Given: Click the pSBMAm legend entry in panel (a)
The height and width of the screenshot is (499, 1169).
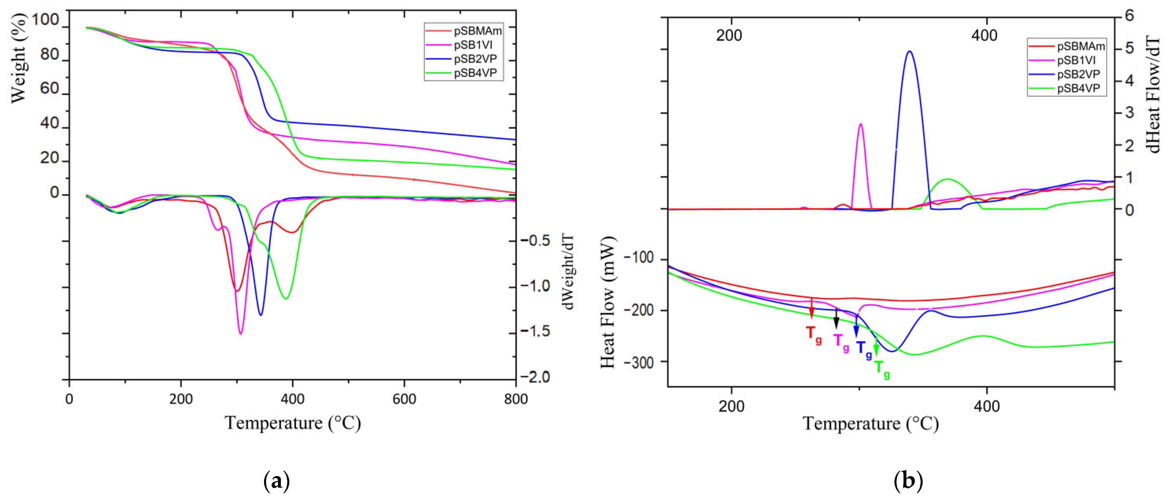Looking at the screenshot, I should point(477,31).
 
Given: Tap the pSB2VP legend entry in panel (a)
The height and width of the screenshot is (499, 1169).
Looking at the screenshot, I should point(475,59).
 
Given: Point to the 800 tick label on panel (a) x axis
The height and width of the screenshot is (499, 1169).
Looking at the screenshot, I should point(516,399).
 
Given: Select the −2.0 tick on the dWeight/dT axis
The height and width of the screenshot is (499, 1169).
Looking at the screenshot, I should point(535,377).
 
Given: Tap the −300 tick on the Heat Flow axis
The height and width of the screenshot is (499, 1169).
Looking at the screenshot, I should point(639,362).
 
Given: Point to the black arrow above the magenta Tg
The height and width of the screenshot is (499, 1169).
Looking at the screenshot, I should point(836,319).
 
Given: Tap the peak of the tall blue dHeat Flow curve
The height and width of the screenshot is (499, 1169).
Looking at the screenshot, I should point(909,51).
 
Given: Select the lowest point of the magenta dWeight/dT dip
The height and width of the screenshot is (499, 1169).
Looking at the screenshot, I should point(241,334).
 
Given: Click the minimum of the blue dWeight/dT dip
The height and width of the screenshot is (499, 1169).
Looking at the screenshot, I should point(261,315).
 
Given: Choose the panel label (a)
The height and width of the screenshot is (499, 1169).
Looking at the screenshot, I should point(276,480).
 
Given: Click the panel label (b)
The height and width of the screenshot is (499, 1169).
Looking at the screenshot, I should point(908,480).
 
